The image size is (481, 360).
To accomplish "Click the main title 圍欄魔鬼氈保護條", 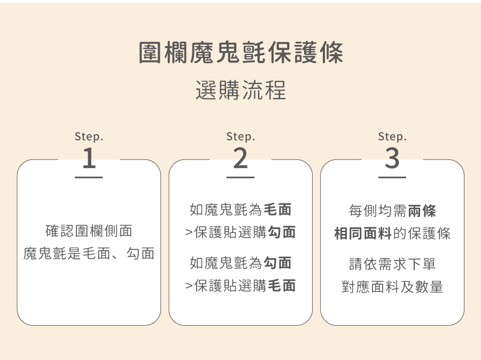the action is (241, 54).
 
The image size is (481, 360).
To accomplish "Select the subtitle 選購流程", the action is (241, 90).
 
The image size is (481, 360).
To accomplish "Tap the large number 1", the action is (89, 158).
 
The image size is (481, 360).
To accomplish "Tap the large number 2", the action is (241, 158).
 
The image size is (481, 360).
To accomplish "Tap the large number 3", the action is (392, 158).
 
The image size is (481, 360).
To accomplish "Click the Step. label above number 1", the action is (89, 137).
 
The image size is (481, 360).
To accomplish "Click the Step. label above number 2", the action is (241, 137).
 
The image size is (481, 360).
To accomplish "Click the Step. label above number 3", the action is (392, 137).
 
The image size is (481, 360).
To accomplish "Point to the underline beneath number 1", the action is (89, 177).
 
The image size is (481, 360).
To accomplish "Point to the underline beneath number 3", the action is (392, 177).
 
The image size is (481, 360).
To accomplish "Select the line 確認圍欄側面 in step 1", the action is (89, 232).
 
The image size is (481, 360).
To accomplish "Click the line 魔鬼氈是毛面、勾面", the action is (89, 254).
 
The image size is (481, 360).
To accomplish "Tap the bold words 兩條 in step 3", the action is (422, 211).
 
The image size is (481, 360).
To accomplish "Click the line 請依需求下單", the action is (392, 264).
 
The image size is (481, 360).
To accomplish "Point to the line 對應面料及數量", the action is (392, 287).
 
